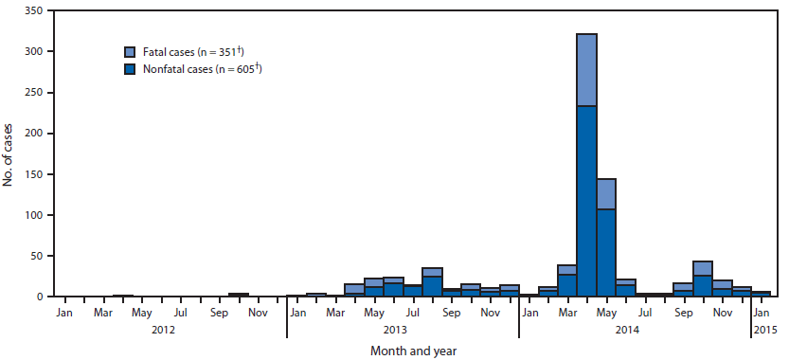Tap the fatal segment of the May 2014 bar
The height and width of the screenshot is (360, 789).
(x=605, y=193)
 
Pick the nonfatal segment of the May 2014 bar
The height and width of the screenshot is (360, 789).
(x=605, y=252)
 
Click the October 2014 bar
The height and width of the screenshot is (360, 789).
(x=703, y=279)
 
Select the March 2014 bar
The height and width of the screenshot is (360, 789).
(x=566, y=281)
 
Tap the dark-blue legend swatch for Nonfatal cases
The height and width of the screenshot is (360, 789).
(x=131, y=69)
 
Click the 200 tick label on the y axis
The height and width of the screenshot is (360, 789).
(x=34, y=134)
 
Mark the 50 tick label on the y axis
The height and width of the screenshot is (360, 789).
(x=37, y=256)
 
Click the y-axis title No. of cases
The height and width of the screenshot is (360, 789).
(x=9, y=153)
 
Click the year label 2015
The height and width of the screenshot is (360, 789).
(x=763, y=330)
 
